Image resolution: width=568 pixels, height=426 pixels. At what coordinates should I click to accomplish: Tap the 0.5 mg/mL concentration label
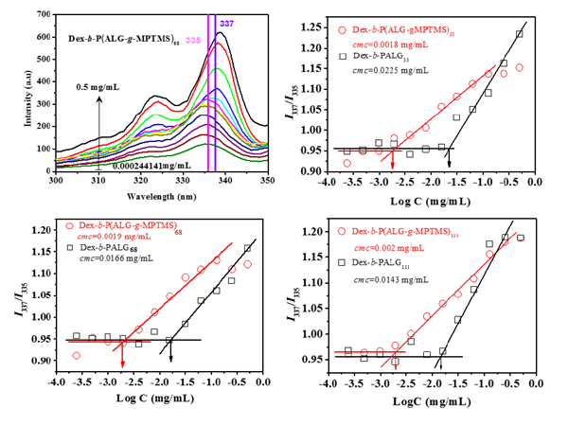98,85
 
